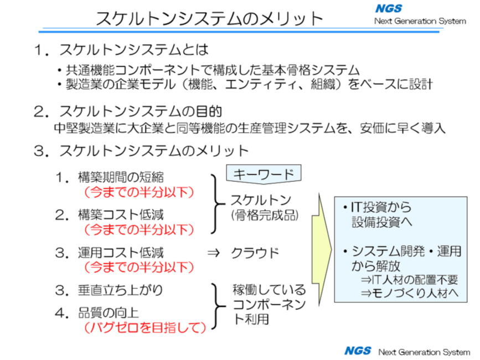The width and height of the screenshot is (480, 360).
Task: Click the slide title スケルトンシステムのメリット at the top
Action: pyautogui.click(x=209, y=18)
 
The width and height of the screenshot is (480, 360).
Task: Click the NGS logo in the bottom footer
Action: pyautogui.click(x=357, y=351)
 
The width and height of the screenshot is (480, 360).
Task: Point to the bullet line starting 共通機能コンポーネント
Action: pyautogui.click(x=208, y=71)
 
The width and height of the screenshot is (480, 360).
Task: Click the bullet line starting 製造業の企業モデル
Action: pyautogui.click(x=244, y=85)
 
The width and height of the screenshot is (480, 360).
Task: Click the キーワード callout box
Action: pyautogui.click(x=264, y=174)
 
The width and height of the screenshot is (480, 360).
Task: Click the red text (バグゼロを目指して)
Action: pyautogui.click(x=144, y=327)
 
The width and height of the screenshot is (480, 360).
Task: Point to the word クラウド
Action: pyautogui.click(x=255, y=253)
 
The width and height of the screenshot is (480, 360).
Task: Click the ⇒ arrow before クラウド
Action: pyautogui.click(x=213, y=253)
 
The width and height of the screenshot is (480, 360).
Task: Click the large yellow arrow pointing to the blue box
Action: pyautogui.click(x=322, y=249)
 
